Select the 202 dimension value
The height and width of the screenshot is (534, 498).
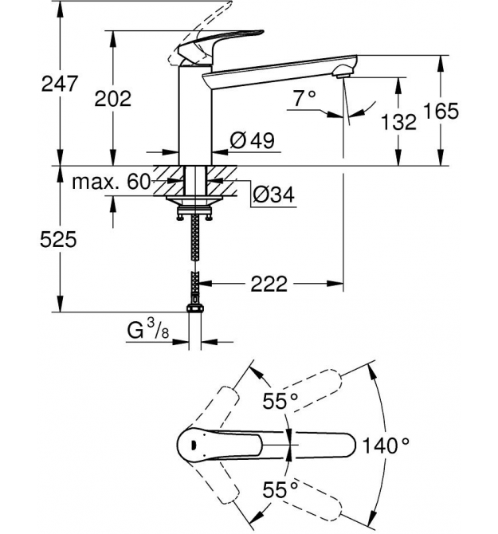point(112,98)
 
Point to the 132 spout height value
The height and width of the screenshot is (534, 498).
point(398,121)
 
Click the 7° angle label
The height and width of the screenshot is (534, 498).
point(304,98)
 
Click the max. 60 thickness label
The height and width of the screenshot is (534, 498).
point(112,182)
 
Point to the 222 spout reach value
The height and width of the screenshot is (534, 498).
point(269,284)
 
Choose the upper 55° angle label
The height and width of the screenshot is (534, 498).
point(280,402)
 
